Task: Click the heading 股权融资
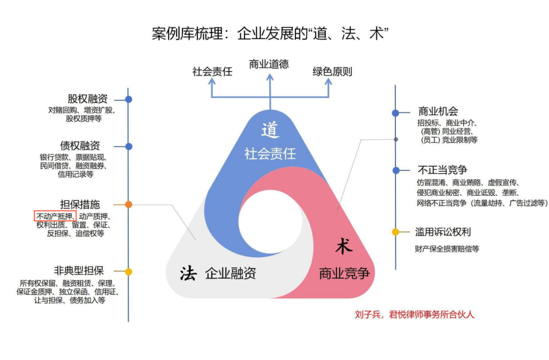[87, 99]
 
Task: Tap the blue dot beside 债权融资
[129, 146]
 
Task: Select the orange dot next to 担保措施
[129, 204]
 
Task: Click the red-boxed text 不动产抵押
[55, 216]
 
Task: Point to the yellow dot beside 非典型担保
[129, 272]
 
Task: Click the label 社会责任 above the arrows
[212, 72]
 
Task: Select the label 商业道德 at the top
[269, 64]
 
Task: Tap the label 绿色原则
[332, 72]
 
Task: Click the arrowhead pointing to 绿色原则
[328, 81]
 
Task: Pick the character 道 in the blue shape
[270, 130]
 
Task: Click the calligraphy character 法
[189, 273]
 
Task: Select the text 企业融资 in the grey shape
[231, 274]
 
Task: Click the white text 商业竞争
[345, 274]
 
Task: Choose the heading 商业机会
[438, 112]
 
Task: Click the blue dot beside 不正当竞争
[396, 170]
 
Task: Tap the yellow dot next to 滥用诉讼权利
[395, 232]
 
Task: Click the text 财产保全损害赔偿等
[447, 249]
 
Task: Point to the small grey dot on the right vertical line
[396, 139]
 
